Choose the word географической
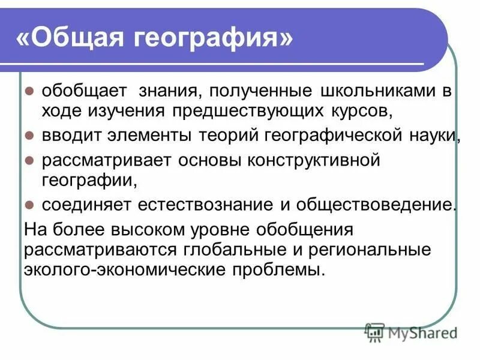click(x=328, y=136)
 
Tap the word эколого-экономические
click(x=122, y=269)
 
